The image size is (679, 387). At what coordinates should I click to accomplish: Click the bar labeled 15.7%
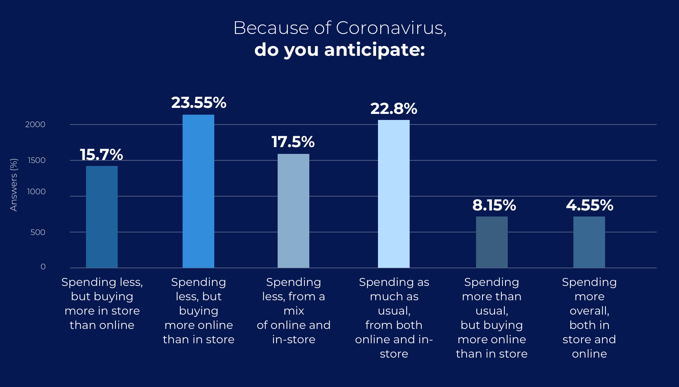(102, 217)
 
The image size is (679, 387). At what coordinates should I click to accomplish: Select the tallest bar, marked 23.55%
(198, 191)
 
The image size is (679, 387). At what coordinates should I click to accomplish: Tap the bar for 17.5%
(293, 211)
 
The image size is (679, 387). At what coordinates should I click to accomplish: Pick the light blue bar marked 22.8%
(394, 194)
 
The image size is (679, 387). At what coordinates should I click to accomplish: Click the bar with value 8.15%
(492, 242)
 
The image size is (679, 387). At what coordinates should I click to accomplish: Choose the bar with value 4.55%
(589, 242)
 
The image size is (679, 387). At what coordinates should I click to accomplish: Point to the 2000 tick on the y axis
(35, 124)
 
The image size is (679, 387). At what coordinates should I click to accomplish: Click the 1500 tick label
(36, 160)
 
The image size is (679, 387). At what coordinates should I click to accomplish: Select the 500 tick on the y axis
(38, 232)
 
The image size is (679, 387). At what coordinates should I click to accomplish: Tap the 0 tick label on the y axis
(43, 267)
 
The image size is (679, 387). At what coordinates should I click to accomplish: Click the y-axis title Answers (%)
(14, 185)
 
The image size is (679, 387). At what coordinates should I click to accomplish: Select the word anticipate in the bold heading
(374, 50)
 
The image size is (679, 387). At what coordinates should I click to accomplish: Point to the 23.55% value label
(199, 103)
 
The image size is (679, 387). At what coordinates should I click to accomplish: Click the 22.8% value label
(394, 109)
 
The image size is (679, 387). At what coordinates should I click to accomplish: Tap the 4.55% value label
(590, 205)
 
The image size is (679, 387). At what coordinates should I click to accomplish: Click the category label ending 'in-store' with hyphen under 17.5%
(293, 310)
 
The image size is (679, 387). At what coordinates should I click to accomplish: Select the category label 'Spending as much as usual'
(394, 318)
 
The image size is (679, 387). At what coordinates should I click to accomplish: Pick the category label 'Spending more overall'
(589, 318)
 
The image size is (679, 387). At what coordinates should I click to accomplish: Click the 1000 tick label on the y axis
(36, 192)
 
